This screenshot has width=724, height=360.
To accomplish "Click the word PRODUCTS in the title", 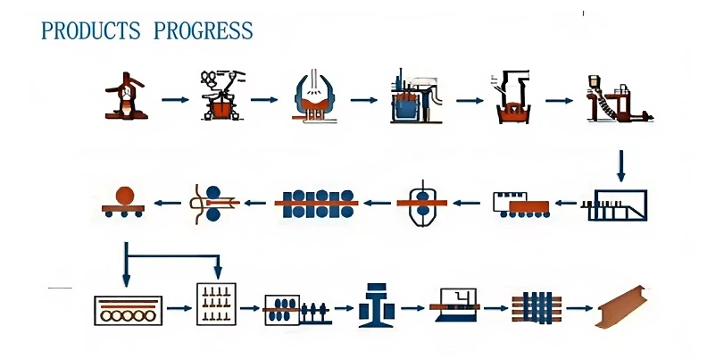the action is tap(90, 30).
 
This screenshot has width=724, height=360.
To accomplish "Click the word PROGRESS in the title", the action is tap(204, 30).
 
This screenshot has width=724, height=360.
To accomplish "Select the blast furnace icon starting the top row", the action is tap(126, 96).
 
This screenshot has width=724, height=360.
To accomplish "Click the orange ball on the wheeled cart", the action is tap(125, 196).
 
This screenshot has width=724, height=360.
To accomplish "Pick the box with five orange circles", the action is tap(128, 310).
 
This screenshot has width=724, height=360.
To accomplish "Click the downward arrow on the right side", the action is tap(621, 165).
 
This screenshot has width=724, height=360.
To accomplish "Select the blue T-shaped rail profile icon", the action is tap(377, 306).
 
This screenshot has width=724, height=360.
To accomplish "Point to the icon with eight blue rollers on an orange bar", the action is tap(316, 204).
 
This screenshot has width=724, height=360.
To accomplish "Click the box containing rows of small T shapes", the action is tap(216, 304).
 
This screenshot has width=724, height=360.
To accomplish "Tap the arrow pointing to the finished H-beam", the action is tap(579, 308).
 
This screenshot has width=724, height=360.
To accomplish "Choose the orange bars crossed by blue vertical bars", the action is tap(537, 307).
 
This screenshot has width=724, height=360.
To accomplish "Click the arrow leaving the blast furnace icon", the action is tap(175, 100).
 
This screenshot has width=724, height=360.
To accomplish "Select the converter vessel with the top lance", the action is tap(314, 96).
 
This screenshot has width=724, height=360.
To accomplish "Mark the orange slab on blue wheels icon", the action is tap(521, 205).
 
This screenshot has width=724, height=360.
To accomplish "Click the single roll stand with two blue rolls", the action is tap(422, 204).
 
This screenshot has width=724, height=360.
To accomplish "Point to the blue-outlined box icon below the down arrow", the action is tap(614, 205).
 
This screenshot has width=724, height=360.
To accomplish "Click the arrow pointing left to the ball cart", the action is tap(167, 203).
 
